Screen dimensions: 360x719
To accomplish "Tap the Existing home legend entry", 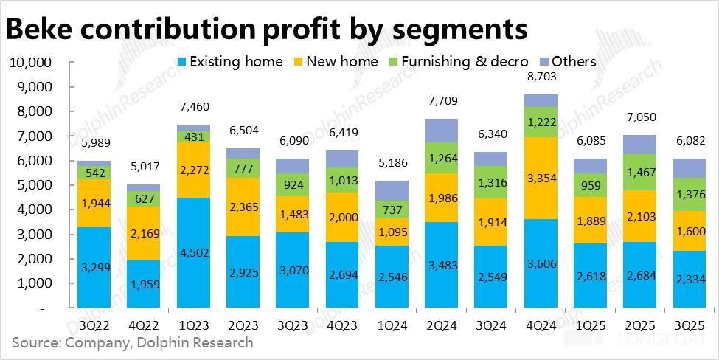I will pyautogui.click(x=230, y=61).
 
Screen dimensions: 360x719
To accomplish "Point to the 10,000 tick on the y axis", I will pyautogui.click(x=29, y=63).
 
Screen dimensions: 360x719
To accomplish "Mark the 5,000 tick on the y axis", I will pyautogui.click(x=33, y=185).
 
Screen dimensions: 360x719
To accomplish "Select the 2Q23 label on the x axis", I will pyautogui.click(x=244, y=322).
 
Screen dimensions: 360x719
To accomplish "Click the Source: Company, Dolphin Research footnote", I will pyautogui.click(x=132, y=342).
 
